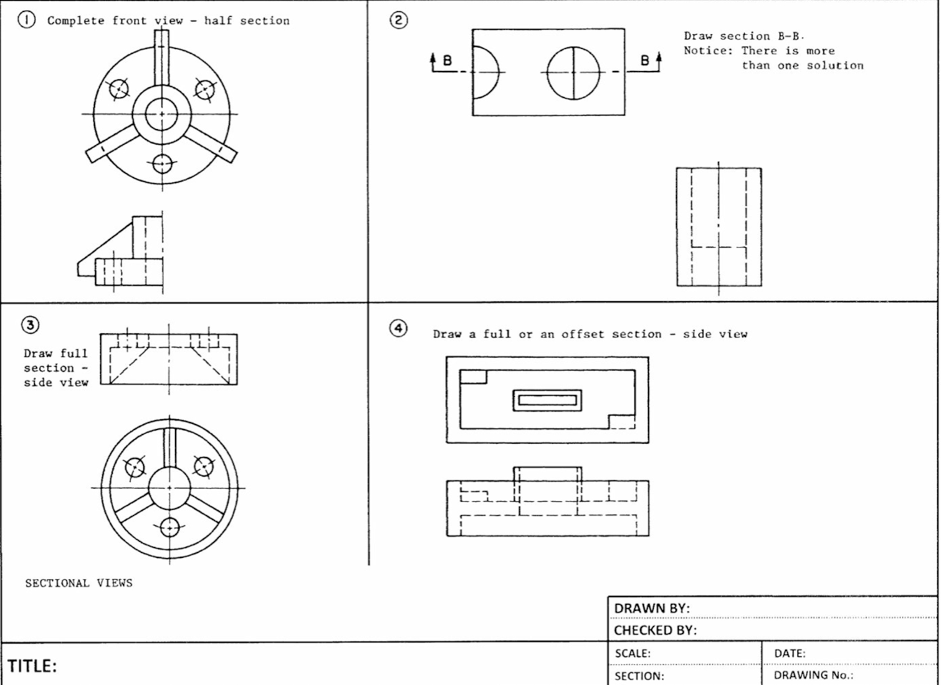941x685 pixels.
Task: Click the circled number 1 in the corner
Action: (x=26, y=20)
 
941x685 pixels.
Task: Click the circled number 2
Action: (x=399, y=20)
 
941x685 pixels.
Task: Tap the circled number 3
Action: (x=30, y=325)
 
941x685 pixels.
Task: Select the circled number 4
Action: (x=399, y=328)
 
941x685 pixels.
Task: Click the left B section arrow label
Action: (x=447, y=61)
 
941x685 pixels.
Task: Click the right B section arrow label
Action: (x=645, y=61)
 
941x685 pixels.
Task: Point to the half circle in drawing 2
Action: (x=485, y=72)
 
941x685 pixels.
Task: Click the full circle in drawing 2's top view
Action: (x=573, y=73)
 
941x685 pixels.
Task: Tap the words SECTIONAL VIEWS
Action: (x=79, y=583)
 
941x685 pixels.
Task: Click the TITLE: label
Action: (x=32, y=666)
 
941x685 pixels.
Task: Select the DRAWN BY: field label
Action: (x=651, y=608)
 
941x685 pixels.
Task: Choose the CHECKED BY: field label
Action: (x=655, y=631)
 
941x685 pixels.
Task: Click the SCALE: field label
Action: (x=633, y=654)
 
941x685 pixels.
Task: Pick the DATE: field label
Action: (x=790, y=654)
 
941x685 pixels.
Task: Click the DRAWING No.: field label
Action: (x=813, y=676)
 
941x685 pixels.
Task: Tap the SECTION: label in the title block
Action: (x=639, y=676)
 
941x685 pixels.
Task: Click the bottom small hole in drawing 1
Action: (x=162, y=163)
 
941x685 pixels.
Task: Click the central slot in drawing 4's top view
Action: (x=547, y=400)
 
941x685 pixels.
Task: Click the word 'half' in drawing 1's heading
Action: (x=218, y=21)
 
